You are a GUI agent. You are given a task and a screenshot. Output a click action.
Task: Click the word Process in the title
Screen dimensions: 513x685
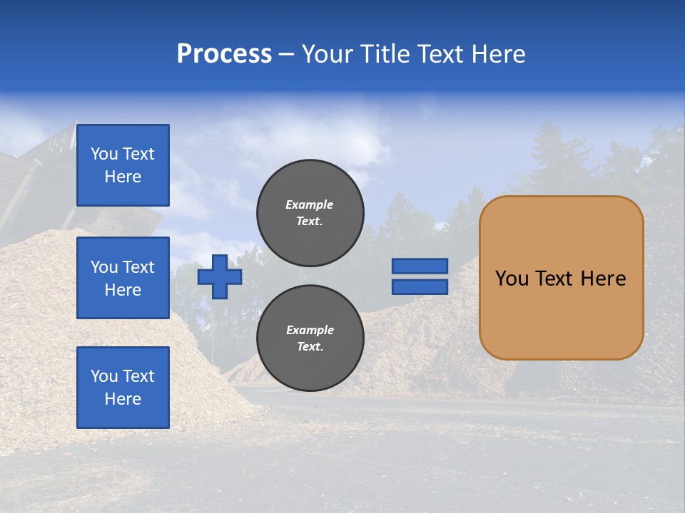[224, 54]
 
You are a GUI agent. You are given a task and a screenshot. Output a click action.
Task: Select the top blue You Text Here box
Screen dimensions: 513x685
[123, 165]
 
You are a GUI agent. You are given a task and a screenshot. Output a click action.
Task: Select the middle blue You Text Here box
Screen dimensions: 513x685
[123, 278]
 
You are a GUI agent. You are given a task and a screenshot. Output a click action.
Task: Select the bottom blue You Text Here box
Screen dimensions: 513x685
[123, 387]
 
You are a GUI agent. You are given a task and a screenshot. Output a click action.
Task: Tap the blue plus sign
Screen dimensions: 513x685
[220, 276]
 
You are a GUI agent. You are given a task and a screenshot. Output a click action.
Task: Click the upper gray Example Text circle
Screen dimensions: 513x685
[310, 212]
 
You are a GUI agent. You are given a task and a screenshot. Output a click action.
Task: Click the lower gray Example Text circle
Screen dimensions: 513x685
[310, 338]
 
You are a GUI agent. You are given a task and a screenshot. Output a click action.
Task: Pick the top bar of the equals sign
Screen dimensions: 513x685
[420, 266]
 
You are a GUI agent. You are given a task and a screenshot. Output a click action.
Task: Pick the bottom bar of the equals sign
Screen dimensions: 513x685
[420, 286]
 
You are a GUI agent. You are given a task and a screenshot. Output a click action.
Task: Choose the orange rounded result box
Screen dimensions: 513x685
[561, 277]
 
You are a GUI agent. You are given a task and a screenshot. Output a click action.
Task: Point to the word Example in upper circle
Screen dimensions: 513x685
[310, 204]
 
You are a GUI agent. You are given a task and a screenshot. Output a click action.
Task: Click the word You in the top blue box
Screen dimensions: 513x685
[103, 154]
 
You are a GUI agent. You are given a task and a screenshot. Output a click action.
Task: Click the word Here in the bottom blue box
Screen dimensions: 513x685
[123, 399]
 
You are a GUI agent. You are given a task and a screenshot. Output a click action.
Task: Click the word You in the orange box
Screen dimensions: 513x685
[512, 279]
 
